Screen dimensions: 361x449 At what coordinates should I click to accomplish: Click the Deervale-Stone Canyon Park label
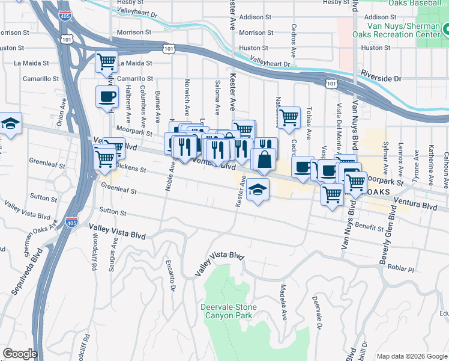click(x=228, y=311)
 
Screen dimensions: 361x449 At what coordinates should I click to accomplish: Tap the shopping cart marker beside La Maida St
click(x=106, y=61)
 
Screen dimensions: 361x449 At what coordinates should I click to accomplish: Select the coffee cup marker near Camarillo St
click(x=107, y=96)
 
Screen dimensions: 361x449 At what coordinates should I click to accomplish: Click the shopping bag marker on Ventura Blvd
click(x=264, y=160)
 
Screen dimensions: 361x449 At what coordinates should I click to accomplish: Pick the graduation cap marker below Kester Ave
click(x=258, y=190)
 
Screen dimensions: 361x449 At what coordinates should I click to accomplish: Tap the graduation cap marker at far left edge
click(x=10, y=124)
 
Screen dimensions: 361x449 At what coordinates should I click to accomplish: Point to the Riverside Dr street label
click(x=381, y=79)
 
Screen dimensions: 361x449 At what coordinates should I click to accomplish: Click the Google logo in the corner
click(x=20, y=354)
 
